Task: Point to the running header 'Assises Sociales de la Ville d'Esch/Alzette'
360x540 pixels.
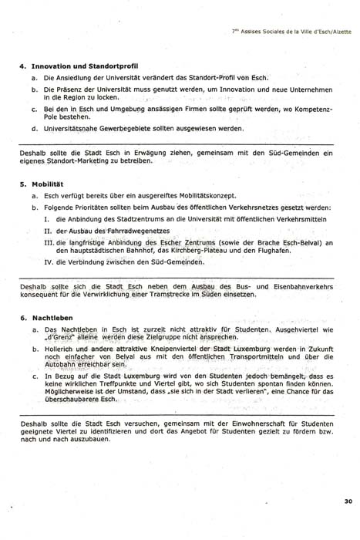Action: click(x=291, y=32)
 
